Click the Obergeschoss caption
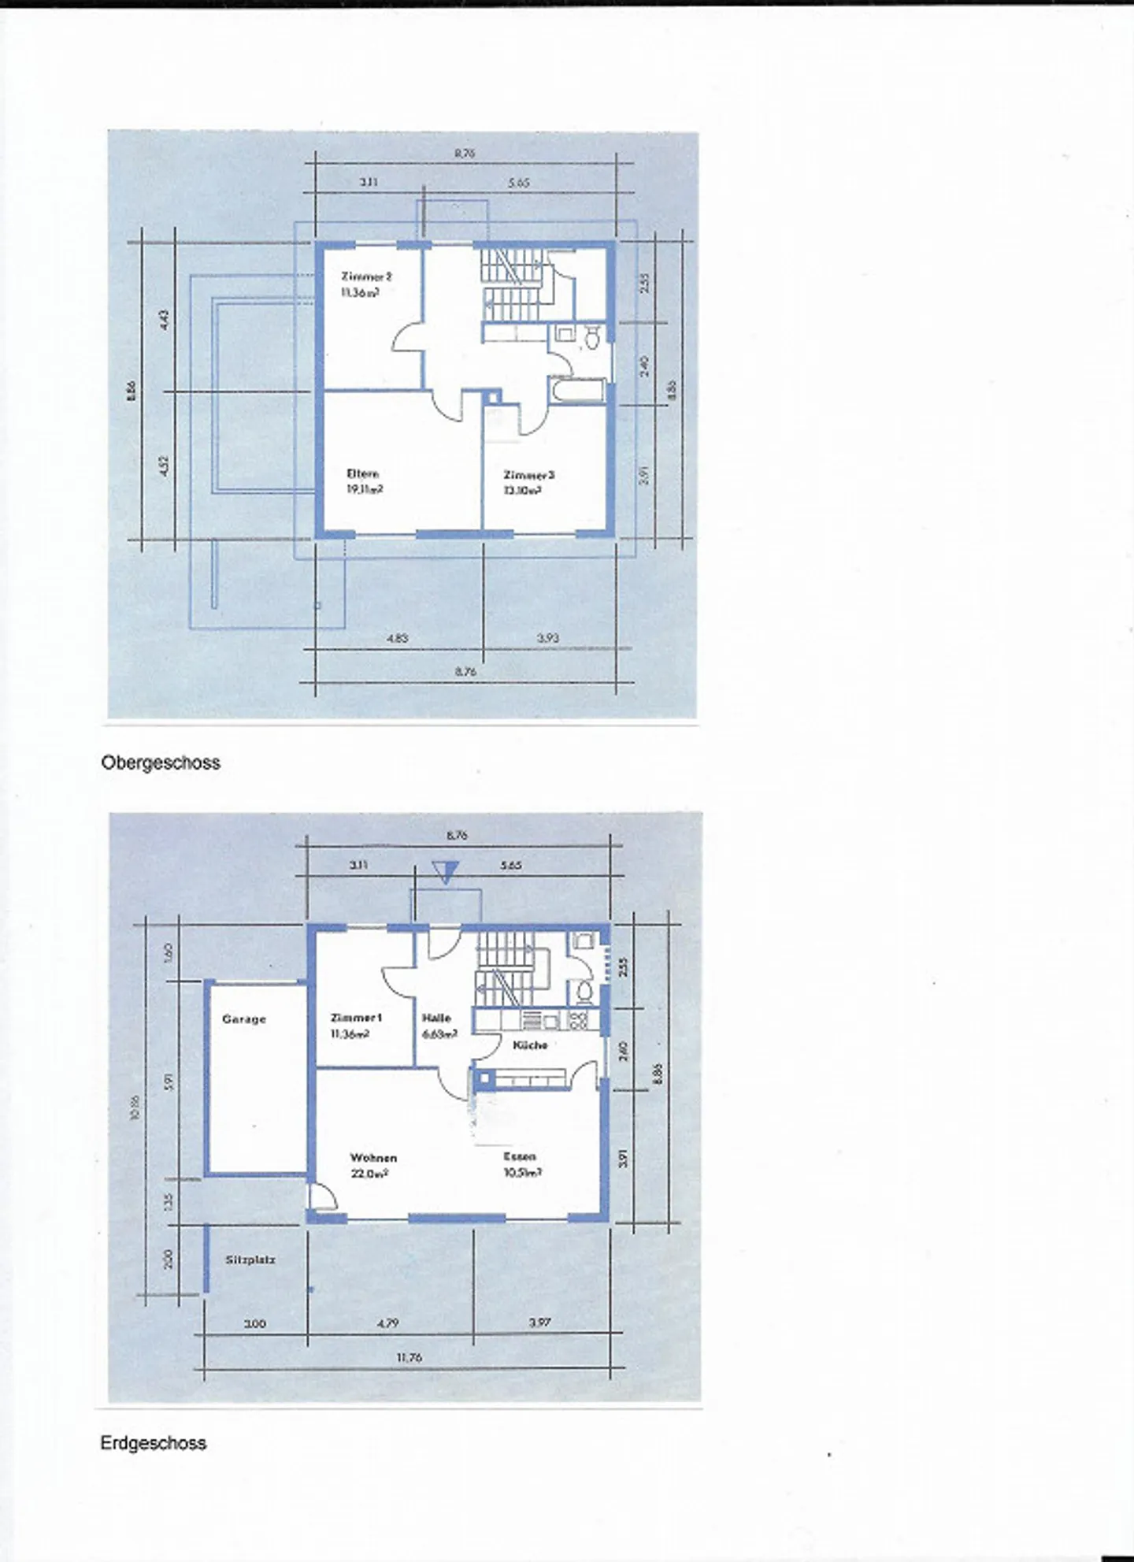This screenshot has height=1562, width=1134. click(x=161, y=762)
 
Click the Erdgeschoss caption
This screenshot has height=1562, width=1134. click(x=153, y=1443)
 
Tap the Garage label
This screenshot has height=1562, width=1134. click(x=244, y=1019)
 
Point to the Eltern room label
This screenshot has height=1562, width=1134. click(x=364, y=474)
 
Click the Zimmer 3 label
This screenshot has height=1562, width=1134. click(x=528, y=476)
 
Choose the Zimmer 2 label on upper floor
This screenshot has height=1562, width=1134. click(x=366, y=277)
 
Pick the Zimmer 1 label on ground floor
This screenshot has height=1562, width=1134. click(x=356, y=1018)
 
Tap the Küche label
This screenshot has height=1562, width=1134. click(x=530, y=1045)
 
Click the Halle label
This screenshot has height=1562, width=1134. click(x=436, y=1018)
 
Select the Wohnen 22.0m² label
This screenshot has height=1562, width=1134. click(x=372, y=1165)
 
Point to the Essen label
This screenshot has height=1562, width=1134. click(x=520, y=1157)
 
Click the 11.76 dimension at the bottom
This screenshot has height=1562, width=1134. click(x=409, y=1357)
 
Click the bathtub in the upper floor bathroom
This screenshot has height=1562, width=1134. click(x=579, y=391)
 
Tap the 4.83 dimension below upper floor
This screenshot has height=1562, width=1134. click(x=398, y=638)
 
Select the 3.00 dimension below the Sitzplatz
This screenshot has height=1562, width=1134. click(x=254, y=1324)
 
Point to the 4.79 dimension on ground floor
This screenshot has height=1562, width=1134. click(x=387, y=1324)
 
